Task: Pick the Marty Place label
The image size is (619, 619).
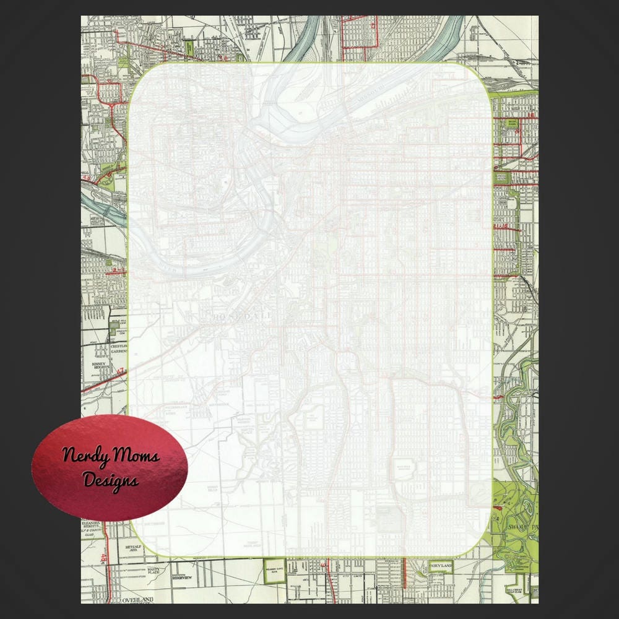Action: click(154, 570)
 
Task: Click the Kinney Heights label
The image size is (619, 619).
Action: click(100, 366)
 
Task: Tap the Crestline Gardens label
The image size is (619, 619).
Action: click(118, 348)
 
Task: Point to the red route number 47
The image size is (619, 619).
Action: click(121, 371)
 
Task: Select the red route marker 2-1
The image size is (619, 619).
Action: click(118, 271)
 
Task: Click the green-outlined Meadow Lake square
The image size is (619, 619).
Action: click(273, 573)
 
